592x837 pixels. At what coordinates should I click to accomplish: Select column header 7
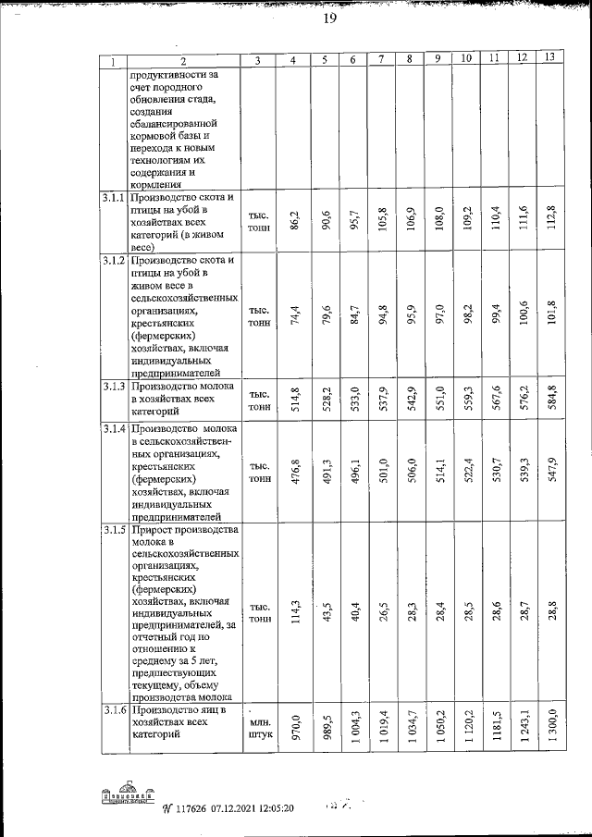coord(381,60)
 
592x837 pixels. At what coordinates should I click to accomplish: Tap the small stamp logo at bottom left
coord(127,796)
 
